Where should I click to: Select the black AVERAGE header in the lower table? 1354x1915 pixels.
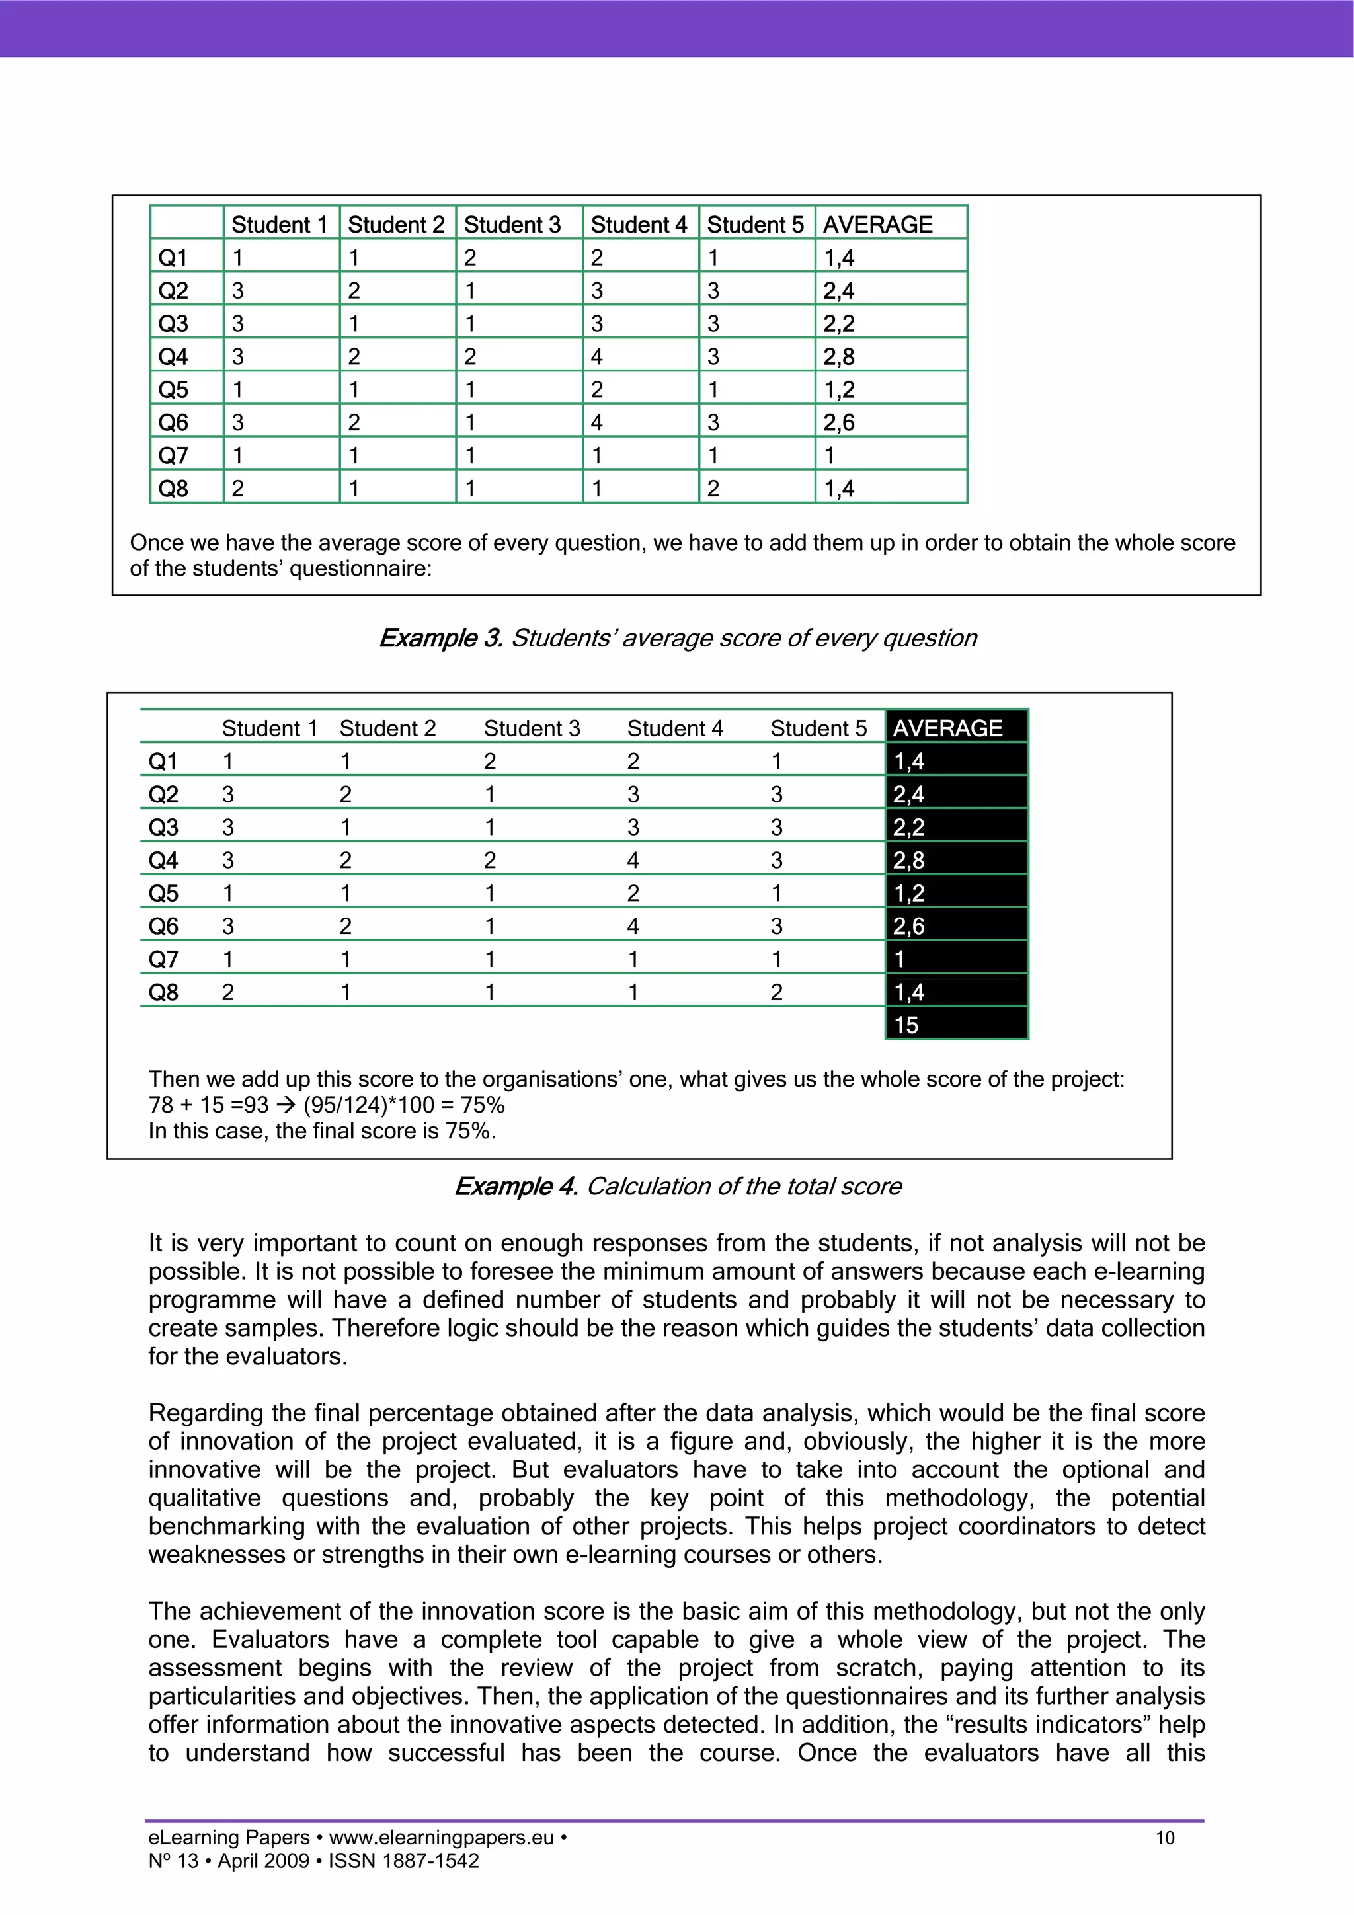[x=947, y=728]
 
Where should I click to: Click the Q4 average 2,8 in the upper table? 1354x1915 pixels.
[x=839, y=356]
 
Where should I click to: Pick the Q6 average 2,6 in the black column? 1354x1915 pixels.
[x=909, y=926]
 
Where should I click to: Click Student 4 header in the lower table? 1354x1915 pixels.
[x=675, y=728]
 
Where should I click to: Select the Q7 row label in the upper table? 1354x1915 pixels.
[x=173, y=455]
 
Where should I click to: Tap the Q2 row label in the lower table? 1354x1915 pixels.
[x=163, y=794]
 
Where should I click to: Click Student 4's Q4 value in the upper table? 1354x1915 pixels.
[x=596, y=356]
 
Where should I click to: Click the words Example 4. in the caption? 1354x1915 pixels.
[x=516, y=1186]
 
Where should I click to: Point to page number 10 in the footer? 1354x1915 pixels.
[x=1165, y=1838]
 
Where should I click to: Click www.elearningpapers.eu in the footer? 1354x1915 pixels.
[x=442, y=1838]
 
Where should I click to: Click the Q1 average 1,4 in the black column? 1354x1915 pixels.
[x=909, y=762]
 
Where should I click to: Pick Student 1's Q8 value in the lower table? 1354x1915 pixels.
[x=227, y=992]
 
